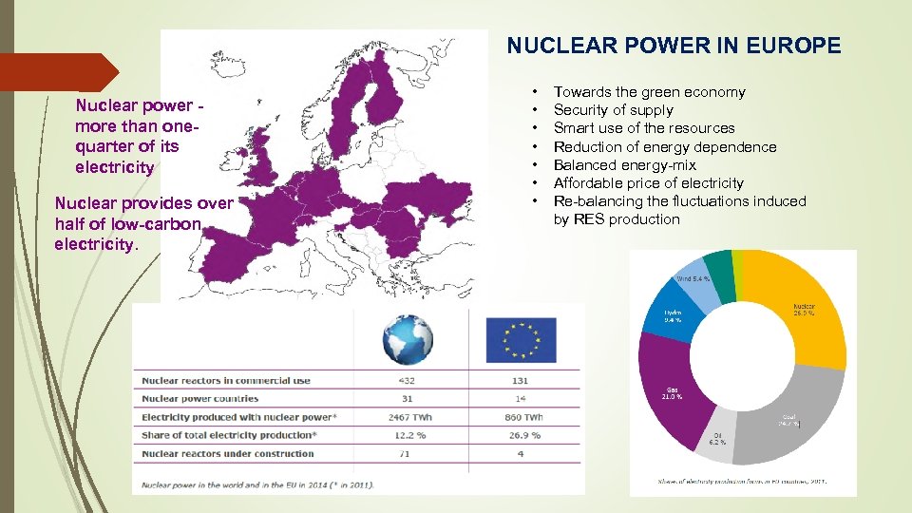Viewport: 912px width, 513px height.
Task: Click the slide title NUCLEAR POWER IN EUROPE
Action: coord(674,46)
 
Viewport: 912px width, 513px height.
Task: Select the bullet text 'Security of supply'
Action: coord(613,110)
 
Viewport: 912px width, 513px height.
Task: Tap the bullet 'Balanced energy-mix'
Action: coord(624,165)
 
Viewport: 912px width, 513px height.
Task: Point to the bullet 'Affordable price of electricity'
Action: coord(648,183)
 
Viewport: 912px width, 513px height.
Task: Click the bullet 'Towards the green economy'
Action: coord(649,92)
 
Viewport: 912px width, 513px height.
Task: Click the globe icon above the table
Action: coord(408,339)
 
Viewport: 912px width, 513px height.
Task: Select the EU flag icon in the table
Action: coord(521,339)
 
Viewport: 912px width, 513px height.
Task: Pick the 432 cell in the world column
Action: coord(408,381)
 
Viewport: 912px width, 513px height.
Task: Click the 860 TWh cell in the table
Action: coord(521,417)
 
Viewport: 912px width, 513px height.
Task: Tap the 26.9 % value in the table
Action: coord(521,435)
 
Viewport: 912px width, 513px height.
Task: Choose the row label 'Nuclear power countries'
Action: coord(199,399)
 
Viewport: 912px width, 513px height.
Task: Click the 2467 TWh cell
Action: coord(408,417)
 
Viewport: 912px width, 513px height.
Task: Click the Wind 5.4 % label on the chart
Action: coord(693,279)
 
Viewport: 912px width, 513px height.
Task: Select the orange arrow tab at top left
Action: coord(57,72)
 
